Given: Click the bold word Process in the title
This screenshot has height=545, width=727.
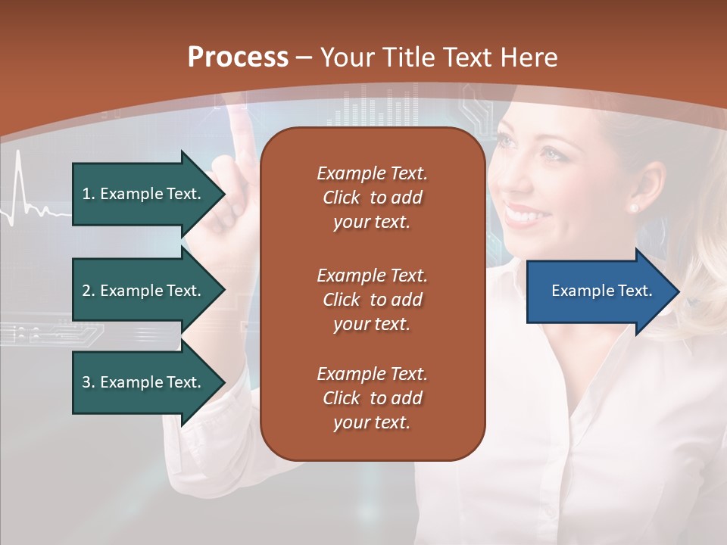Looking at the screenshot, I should [x=238, y=58].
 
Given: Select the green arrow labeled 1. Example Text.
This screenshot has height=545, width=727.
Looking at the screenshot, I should [x=144, y=194].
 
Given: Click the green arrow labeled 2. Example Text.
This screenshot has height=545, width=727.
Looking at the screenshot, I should [x=144, y=291].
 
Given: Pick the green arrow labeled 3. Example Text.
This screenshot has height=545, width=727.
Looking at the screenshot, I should [x=144, y=382].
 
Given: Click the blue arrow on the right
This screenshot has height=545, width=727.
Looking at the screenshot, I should [x=598, y=291].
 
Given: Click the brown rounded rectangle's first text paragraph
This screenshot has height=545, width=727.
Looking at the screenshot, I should [x=372, y=198].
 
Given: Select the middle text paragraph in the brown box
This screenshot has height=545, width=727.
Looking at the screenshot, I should [x=372, y=300].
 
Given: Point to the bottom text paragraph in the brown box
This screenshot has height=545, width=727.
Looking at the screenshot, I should [x=372, y=398].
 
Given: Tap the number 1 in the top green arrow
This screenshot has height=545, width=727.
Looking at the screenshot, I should [x=86, y=194].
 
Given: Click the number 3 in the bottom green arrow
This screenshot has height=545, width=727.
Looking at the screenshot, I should [x=86, y=382].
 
